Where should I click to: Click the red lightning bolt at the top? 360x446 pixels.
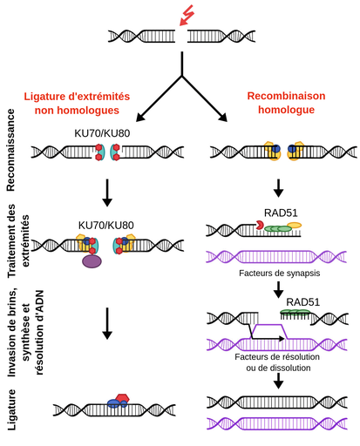click(x=186, y=14)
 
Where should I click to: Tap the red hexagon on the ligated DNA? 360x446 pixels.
click(x=122, y=397)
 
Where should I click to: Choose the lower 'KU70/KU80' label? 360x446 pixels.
click(x=105, y=226)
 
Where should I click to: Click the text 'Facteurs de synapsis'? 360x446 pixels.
click(x=276, y=273)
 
